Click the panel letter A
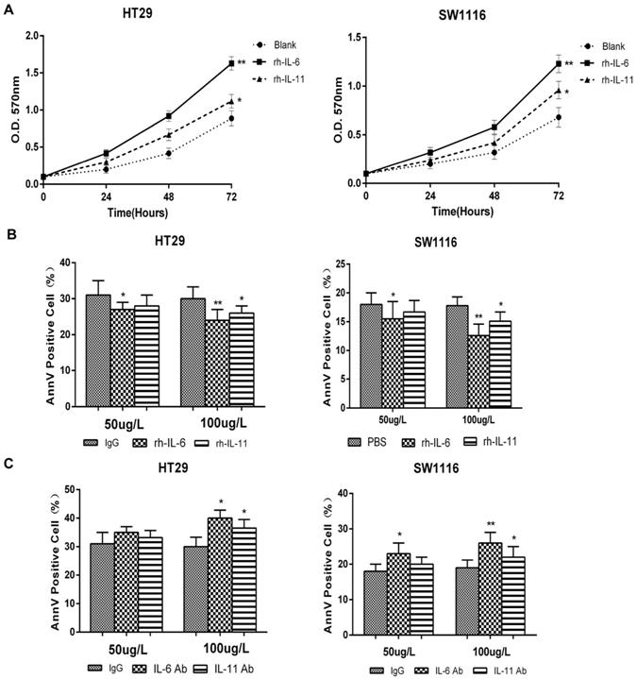[9, 9]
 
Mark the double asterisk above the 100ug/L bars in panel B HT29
[217, 303]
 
